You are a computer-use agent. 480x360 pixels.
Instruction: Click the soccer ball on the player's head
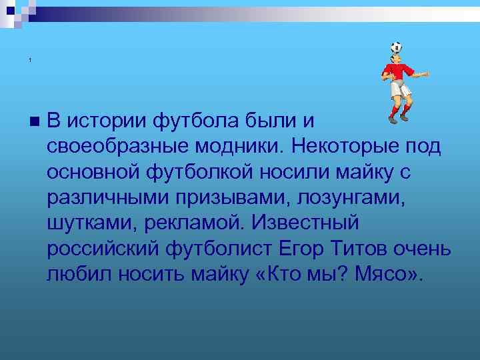point(396,47)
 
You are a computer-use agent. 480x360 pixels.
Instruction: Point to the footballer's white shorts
point(401,89)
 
